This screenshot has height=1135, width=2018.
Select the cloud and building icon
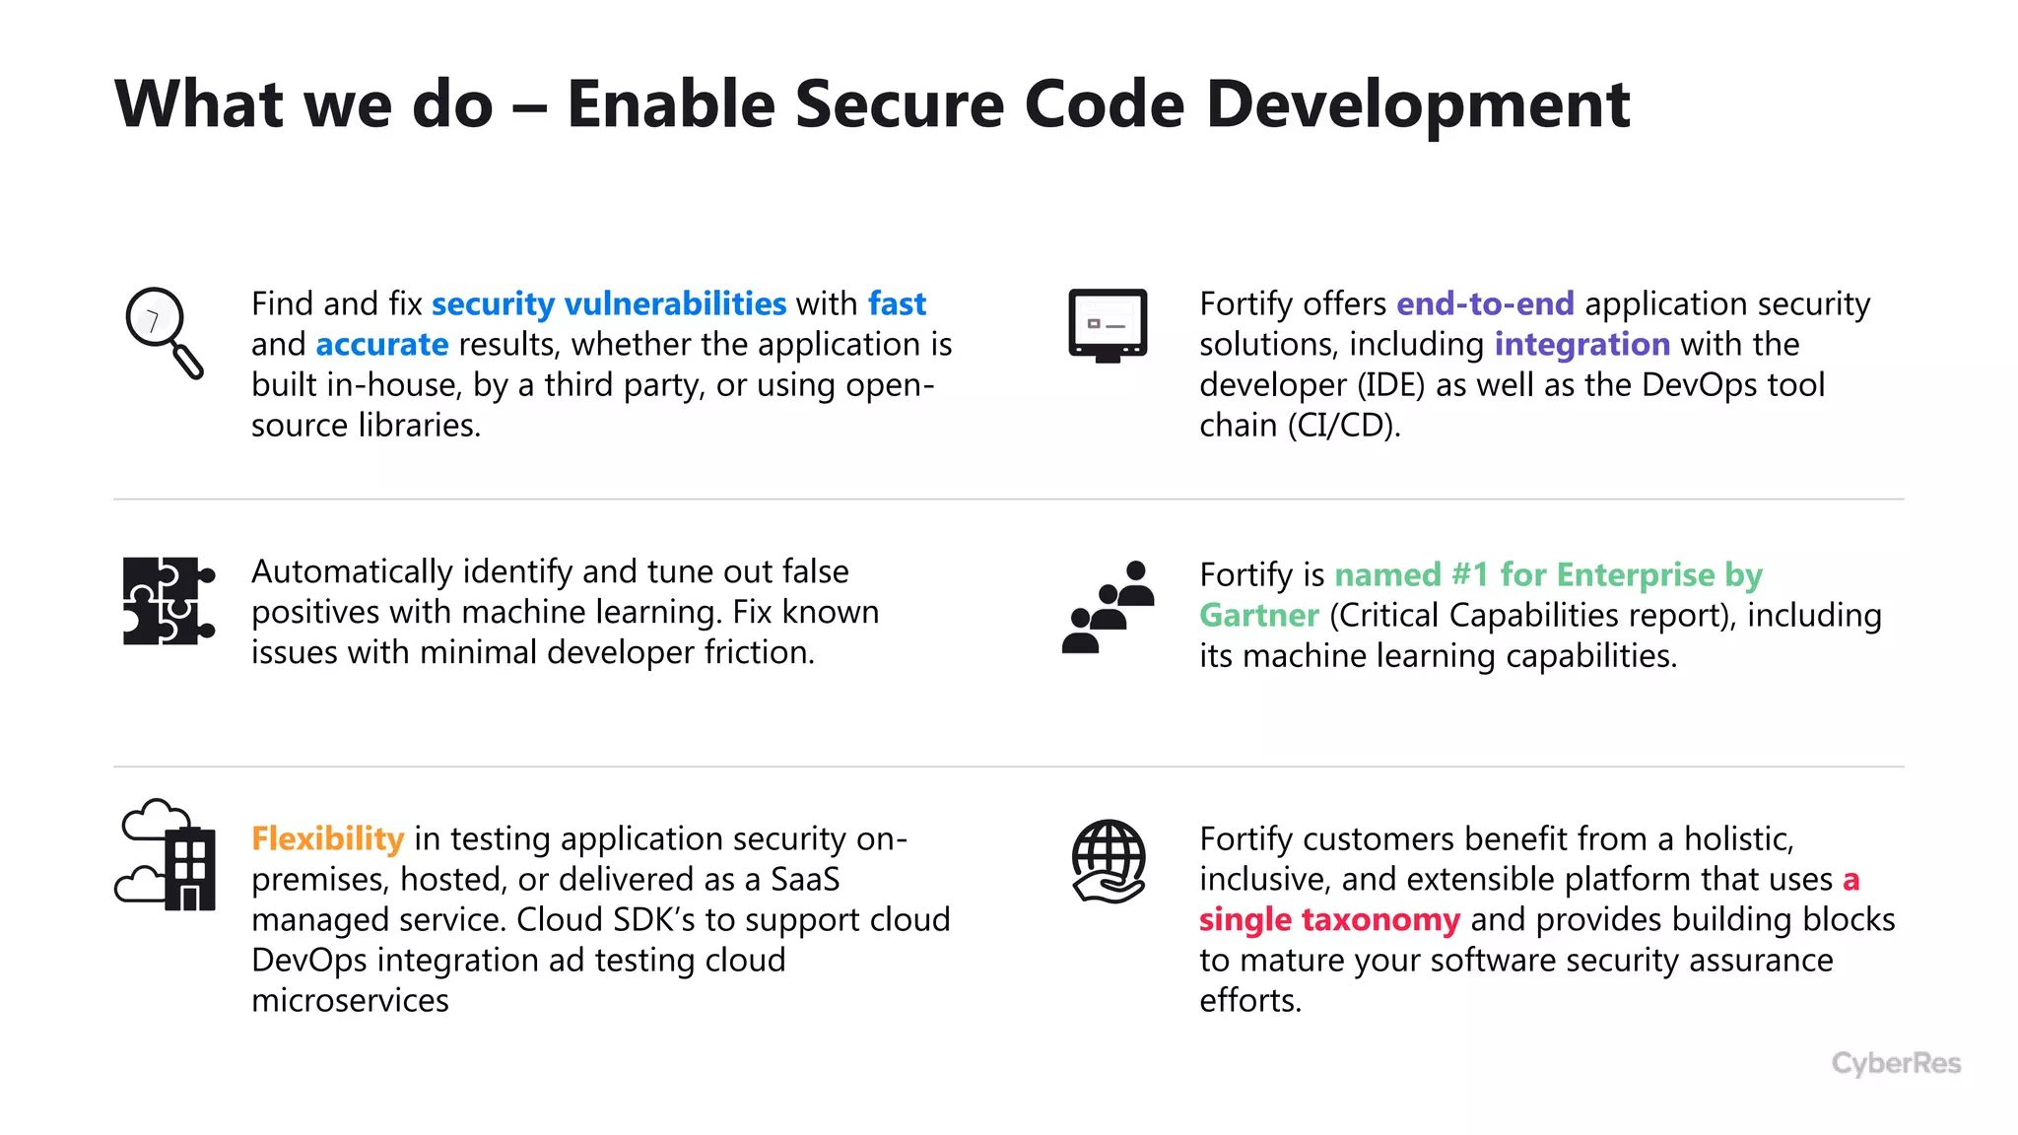coord(166,854)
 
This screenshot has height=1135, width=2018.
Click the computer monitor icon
coord(1108,325)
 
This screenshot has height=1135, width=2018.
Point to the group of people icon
coord(1109,606)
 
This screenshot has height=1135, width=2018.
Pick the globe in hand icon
coord(1109,860)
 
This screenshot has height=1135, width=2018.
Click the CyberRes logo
coord(1895,1063)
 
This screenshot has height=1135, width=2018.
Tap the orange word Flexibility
coord(327,838)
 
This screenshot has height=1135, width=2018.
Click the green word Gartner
coord(1258,615)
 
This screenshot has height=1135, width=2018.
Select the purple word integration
coord(1581,344)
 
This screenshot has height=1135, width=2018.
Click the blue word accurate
coord(381,344)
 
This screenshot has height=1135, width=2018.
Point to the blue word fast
coord(896,303)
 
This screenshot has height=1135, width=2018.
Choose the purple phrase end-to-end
coord(1484,303)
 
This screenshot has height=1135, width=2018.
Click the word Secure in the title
coord(899,103)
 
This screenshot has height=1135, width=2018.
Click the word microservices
coord(350,1000)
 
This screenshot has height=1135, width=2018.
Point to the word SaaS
coord(804,879)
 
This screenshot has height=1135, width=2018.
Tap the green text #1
coord(1469,574)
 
